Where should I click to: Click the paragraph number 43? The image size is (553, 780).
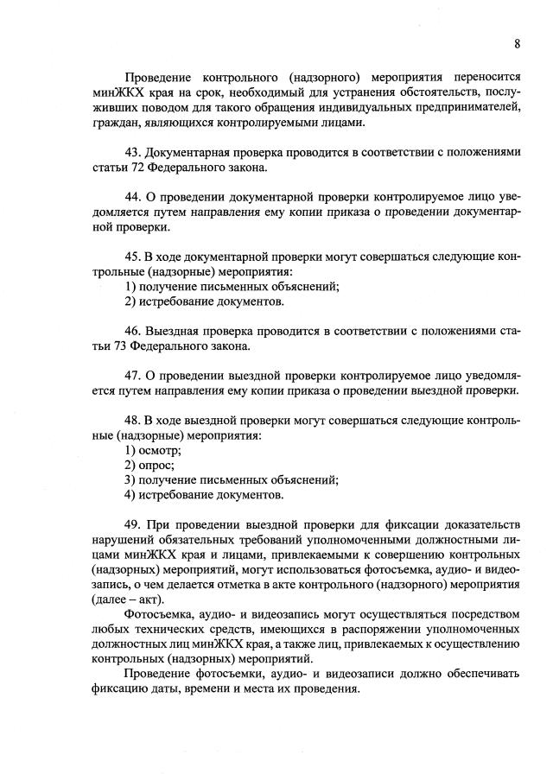point(133,152)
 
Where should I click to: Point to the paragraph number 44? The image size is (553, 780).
point(133,198)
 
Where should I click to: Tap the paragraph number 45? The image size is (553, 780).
point(133,257)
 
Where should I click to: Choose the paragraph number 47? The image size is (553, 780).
point(133,377)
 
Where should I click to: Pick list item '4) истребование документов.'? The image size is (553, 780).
point(204,495)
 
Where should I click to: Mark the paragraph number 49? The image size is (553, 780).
point(133,524)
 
